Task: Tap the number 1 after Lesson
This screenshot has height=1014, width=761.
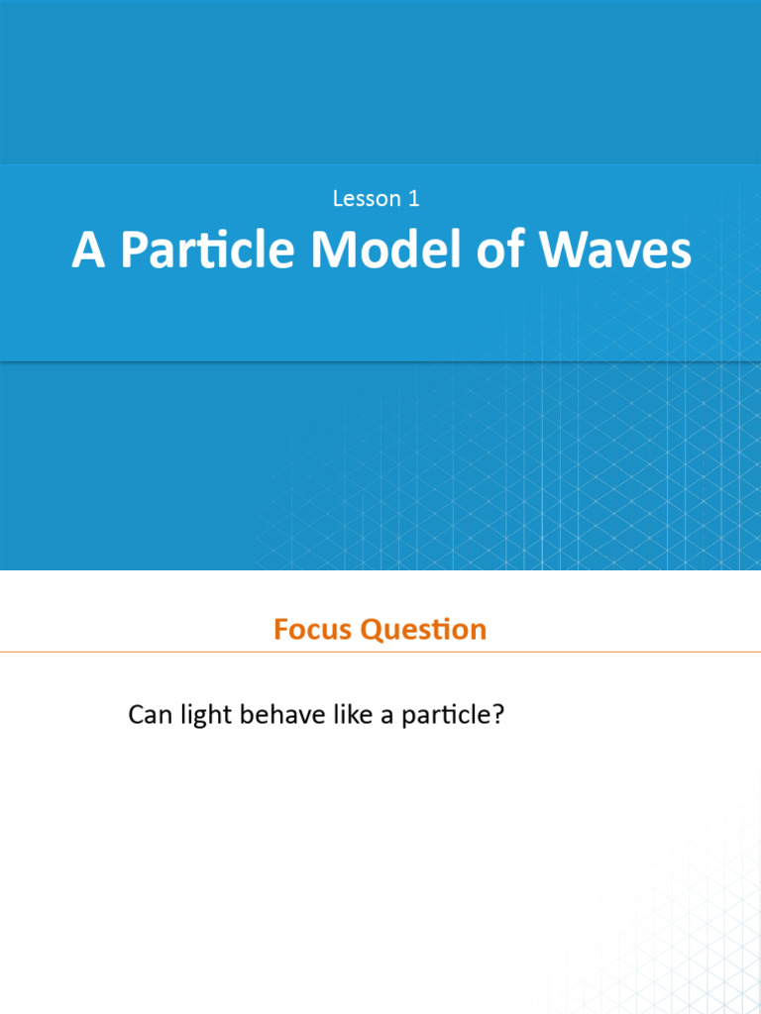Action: (413, 199)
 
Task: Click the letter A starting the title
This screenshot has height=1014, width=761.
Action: (88, 252)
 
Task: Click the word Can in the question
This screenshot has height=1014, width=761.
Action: (150, 715)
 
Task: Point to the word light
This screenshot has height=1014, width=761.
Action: (205, 715)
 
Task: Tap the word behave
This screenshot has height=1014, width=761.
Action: (279, 715)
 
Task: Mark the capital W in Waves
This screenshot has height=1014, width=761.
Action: (561, 252)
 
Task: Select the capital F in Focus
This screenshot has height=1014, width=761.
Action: (281, 630)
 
